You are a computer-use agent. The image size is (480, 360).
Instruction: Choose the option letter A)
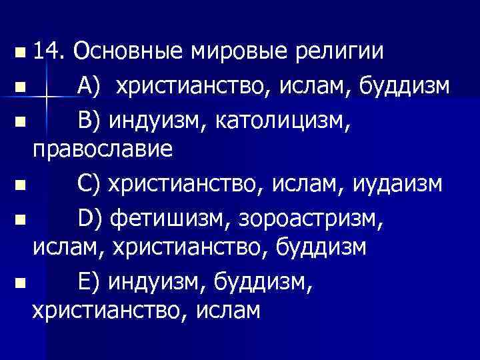pyautogui.click(x=89, y=87)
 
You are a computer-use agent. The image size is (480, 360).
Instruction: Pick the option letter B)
pyautogui.click(x=89, y=122)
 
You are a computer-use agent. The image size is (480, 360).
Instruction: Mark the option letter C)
pyautogui.click(x=89, y=183)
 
